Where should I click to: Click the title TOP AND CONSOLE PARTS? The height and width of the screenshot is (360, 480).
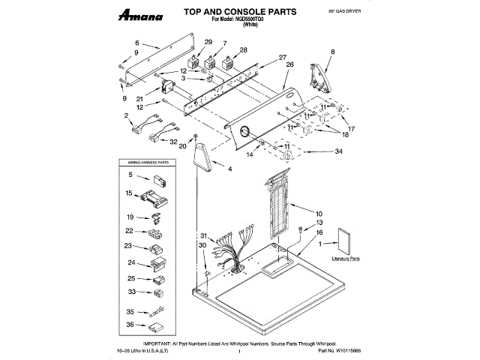tap(231, 12)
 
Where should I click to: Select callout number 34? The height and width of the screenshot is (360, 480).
tap(339, 151)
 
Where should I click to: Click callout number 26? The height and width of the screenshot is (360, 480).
tap(289, 64)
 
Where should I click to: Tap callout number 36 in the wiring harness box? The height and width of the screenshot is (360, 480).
tap(130, 325)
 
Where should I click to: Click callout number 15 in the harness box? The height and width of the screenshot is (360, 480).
tap(130, 193)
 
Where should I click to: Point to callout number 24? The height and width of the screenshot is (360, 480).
tap(131, 262)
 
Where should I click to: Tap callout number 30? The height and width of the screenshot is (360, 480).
tap(202, 245)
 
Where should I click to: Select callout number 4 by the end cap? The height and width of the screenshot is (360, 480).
tap(230, 170)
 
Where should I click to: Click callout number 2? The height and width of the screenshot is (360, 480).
tap(127, 115)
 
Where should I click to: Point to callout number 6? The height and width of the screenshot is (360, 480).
tap(137, 43)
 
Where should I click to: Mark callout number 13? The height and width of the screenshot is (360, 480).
tap(319, 223)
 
